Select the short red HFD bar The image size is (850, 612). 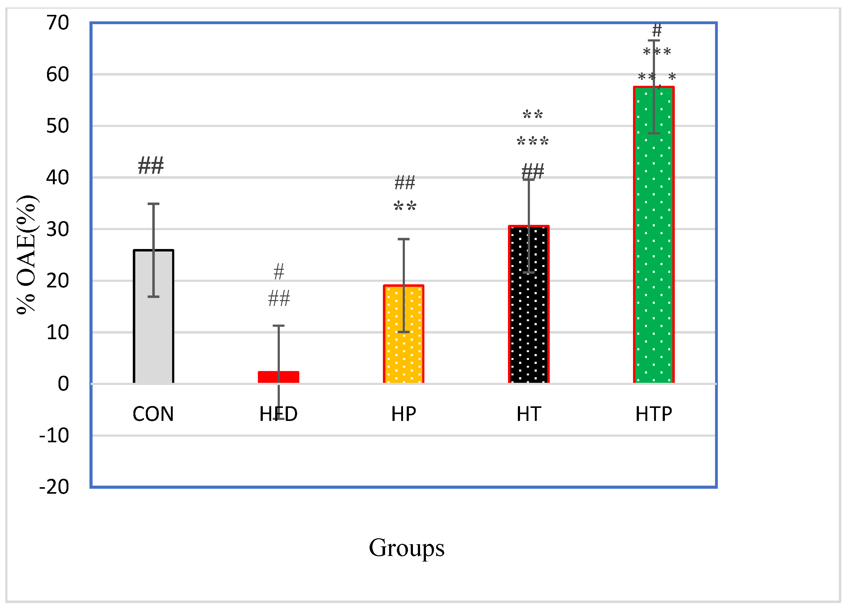point(279,377)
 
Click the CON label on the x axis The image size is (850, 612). point(153,414)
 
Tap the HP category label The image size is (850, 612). point(404,414)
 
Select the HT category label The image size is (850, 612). point(529,414)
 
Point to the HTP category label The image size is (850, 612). point(654,414)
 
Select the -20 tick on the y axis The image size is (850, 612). point(54,487)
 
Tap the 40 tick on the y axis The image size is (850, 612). point(58,177)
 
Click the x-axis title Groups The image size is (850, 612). point(407,548)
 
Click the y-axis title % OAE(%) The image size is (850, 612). point(26,255)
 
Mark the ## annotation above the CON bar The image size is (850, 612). point(151,166)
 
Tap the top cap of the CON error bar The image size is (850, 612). point(154,204)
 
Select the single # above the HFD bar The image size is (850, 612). point(279,272)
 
